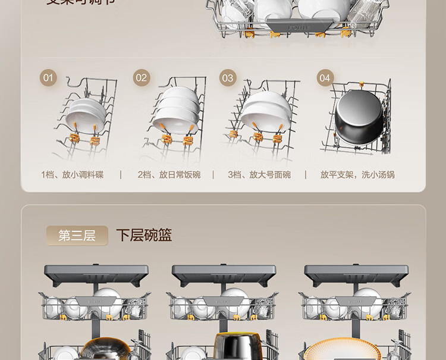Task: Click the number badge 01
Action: click(48, 77)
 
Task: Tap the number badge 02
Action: click(141, 77)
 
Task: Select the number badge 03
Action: click(228, 77)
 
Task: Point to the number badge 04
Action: click(325, 77)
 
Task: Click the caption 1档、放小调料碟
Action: click(72, 174)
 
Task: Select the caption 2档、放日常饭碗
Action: click(169, 174)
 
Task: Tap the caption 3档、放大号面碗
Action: click(259, 174)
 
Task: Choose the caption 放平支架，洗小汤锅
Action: click(357, 174)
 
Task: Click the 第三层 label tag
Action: click(77, 235)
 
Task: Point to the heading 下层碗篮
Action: click(144, 235)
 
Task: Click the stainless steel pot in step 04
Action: click(357, 116)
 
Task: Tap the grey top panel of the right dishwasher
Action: click(355, 274)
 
